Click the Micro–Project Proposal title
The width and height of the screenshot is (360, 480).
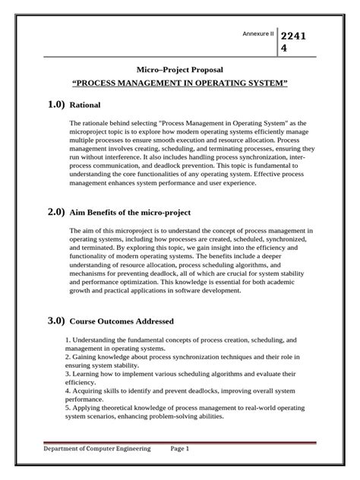[179, 68]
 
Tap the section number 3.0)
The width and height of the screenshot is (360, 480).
[53, 321]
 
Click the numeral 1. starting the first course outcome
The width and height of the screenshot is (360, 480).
[69, 341]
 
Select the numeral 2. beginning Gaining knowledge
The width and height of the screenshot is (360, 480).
[69, 356]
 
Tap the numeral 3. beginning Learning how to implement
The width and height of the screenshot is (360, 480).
[69, 374]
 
